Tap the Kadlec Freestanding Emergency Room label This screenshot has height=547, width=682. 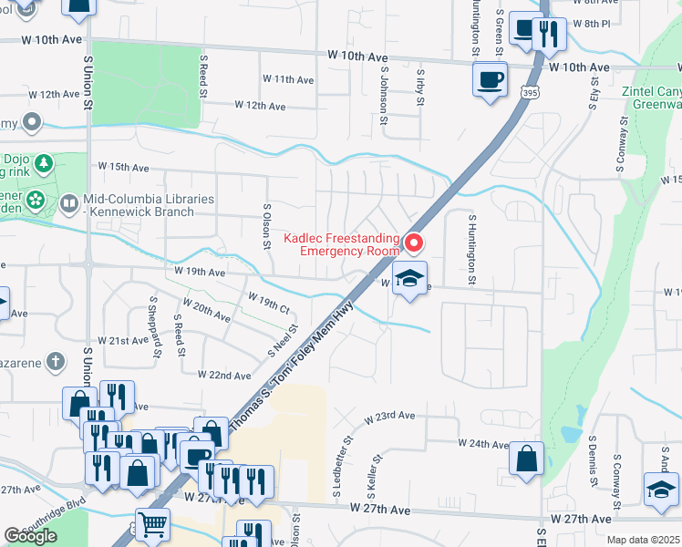coord(341,243)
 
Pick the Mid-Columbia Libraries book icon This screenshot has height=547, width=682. coord(69,205)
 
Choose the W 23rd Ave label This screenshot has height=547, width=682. coord(389,416)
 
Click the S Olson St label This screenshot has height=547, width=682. coord(266,226)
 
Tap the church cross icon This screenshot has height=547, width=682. coord(57,362)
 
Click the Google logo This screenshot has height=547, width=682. coord(30,536)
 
